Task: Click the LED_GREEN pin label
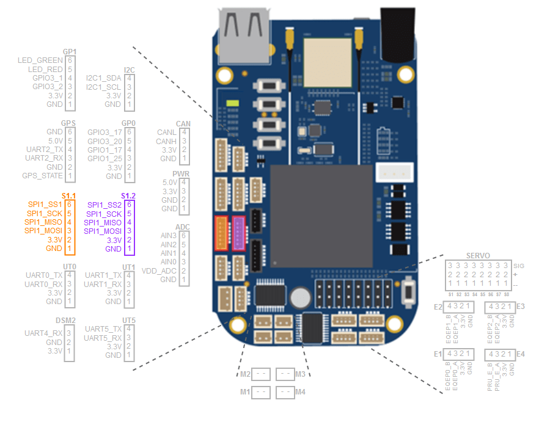(40, 60)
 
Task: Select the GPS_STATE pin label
(43, 176)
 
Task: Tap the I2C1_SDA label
(104, 78)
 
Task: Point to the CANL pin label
(167, 133)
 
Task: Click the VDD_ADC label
(159, 271)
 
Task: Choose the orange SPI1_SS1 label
(44, 204)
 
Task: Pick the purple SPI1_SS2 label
(104, 205)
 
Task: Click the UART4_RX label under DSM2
(43, 333)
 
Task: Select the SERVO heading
(479, 255)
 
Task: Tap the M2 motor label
(245, 374)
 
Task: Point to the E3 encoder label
(521, 306)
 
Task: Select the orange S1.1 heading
(69, 195)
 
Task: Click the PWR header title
(182, 174)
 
